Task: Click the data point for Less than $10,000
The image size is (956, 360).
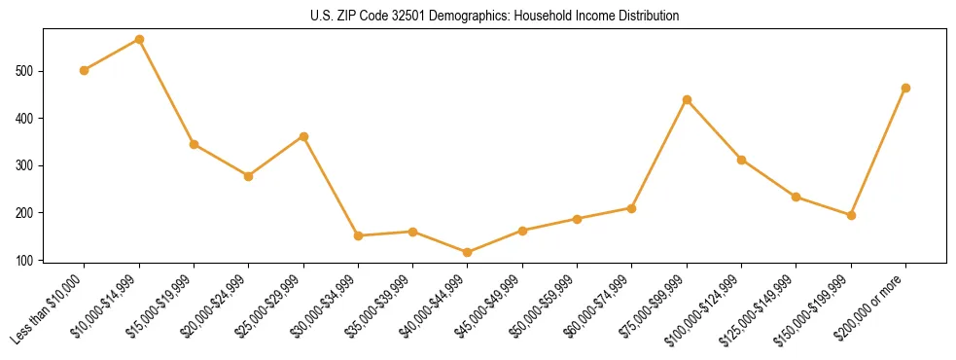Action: [85, 70]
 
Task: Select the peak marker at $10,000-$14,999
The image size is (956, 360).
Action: [139, 40]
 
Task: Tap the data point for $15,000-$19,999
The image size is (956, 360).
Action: [195, 144]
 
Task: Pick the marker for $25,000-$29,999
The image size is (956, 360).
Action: [303, 136]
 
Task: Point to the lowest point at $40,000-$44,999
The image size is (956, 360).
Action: [468, 252]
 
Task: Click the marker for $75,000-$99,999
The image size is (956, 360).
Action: [687, 99]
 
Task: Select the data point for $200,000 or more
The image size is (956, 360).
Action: [905, 88]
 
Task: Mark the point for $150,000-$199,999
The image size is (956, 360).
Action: [851, 215]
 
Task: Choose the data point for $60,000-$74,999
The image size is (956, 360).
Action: [632, 208]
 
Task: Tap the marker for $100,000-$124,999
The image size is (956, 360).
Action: [741, 160]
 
